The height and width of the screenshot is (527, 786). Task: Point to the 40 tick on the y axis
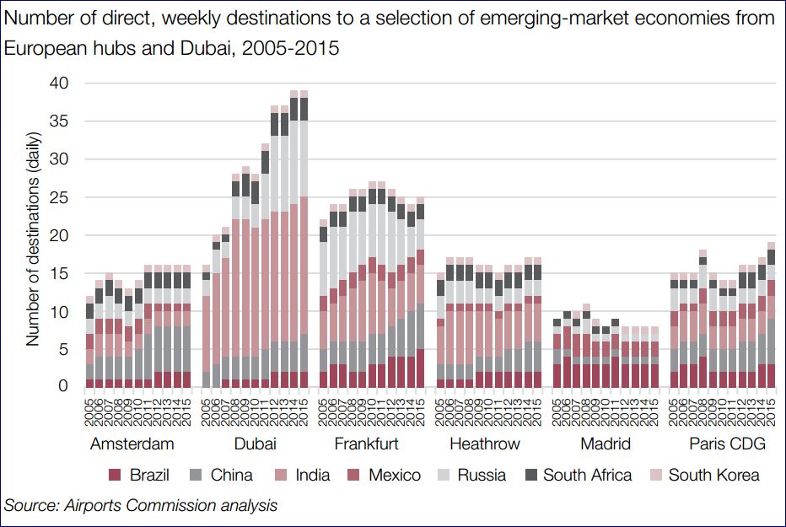click(x=59, y=83)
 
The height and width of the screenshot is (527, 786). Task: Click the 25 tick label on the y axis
click(x=59, y=198)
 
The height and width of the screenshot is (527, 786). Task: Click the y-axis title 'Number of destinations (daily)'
click(x=33, y=239)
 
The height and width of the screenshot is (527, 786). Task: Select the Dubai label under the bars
click(x=254, y=444)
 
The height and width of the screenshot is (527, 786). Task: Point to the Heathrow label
click(x=485, y=444)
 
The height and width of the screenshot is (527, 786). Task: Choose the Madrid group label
click(x=604, y=444)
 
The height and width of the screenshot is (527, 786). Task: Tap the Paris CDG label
click(x=720, y=444)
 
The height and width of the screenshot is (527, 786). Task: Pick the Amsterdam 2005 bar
click(x=90, y=341)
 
